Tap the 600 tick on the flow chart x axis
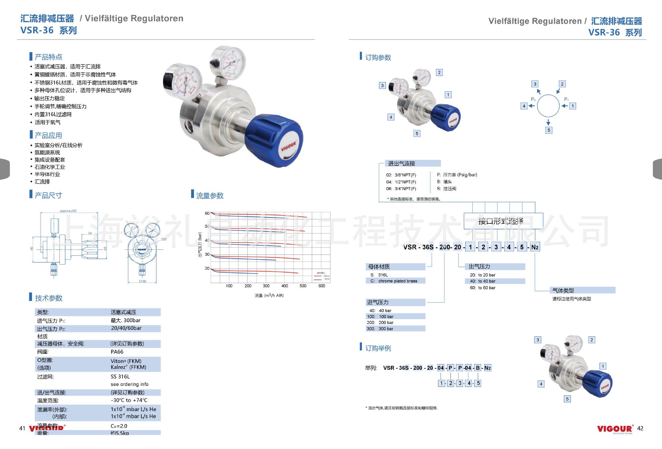(321, 286)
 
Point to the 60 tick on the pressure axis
(207, 213)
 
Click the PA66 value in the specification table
(117, 352)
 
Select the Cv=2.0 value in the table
(119, 426)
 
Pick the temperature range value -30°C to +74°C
(129, 400)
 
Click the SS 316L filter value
(120, 377)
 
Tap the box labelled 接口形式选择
(503, 221)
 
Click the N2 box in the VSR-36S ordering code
(535, 247)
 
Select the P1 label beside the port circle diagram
(566, 99)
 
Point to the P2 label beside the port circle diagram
(533, 99)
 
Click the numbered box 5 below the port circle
(549, 130)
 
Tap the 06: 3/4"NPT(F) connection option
(401, 189)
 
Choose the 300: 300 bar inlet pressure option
(380, 329)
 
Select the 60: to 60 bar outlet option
(482, 288)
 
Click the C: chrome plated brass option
(394, 281)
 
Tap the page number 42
(640, 428)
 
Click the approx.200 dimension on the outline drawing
(68, 211)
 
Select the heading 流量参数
(210, 196)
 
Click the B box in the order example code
(478, 368)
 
